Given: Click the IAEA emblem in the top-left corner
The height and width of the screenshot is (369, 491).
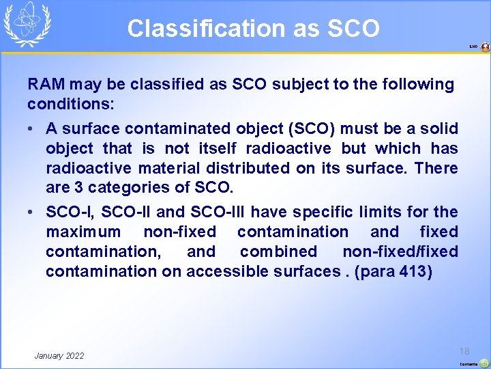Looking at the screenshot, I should click(28, 25).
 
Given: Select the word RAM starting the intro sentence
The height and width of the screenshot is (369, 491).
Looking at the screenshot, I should click(45, 85).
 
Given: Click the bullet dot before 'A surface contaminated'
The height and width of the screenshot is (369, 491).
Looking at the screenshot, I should click(32, 129).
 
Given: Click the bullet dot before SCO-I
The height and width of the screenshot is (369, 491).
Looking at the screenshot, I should click(32, 213).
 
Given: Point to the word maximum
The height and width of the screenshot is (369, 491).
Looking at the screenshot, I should click(82, 232).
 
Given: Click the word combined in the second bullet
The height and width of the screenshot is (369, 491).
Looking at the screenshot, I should click(278, 252).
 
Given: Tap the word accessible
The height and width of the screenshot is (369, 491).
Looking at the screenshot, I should click(222, 272).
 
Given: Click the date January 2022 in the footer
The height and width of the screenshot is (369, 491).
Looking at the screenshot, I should click(59, 355).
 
